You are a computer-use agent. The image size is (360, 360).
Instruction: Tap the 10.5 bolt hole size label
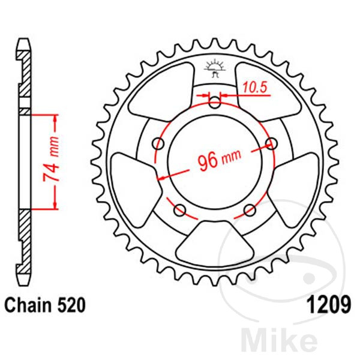coord(254,88)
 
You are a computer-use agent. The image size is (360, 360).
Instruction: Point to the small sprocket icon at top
coord(215,68)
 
